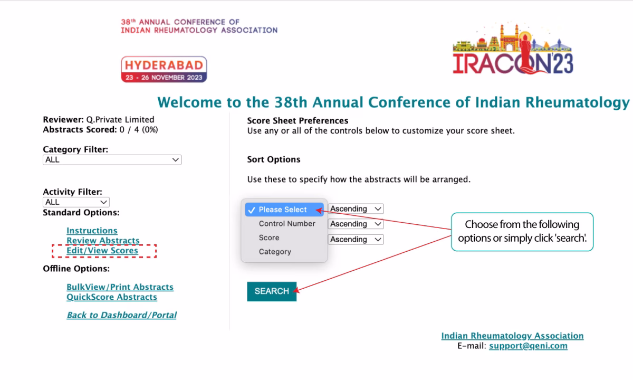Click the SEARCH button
[272, 291]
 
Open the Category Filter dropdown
[112, 160]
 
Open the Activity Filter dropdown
[76, 202]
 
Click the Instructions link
[92, 231]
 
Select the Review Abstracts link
[103, 240]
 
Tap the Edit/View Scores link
[102, 251]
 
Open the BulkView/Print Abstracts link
[120, 287]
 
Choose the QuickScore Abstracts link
[112, 297]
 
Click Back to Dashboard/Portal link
[121, 315]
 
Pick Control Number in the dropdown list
[287, 224]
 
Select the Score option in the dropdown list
[269, 237]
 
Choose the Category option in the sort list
[275, 252]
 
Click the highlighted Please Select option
[284, 210]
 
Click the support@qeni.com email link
[528, 346]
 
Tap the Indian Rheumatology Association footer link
[512, 336]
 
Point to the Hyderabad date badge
[164, 69]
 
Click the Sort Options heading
[274, 159]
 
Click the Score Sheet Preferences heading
[298, 121]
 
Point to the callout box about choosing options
[522, 232]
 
